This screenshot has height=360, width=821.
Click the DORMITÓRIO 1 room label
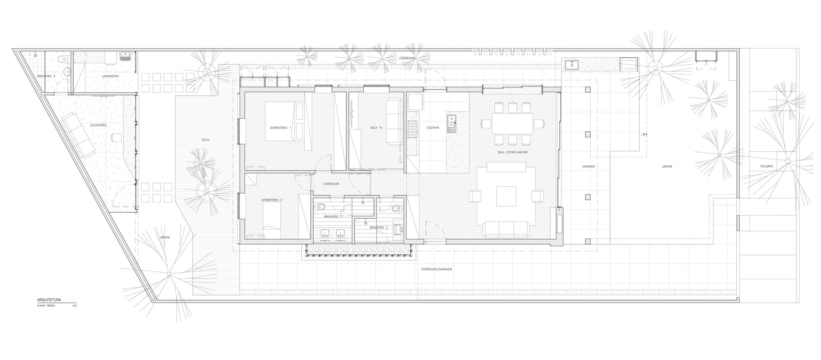pyautogui.click(x=280, y=128)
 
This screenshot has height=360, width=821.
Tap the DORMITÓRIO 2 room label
pyautogui.click(x=272, y=200)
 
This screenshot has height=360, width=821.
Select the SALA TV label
pyautogui.click(x=376, y=128)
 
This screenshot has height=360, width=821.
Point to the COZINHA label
pyautogui.click(x=432, y=128)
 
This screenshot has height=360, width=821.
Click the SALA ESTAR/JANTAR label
pyautogui.click(x=512, y=152)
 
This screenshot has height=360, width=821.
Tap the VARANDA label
pyautogui.click(x=588, y=167)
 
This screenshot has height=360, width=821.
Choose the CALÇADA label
pyautogui.click(x=766, y=166)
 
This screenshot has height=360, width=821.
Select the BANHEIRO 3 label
pyautogui.click(x=46, y=76)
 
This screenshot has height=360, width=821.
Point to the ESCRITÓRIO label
pyautogui.click(x=99, y=125)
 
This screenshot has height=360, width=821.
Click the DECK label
pyautogui.click(x=206, y=140)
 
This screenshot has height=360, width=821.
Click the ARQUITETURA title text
pyautogui.click(x=49, y=300)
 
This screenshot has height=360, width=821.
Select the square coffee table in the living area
pyautogui.click(x=507, y=196)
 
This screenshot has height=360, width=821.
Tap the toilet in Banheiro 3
pyautogui.click(x=62, y=59)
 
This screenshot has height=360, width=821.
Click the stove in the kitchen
pyautogui.click(x=412, y=128)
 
